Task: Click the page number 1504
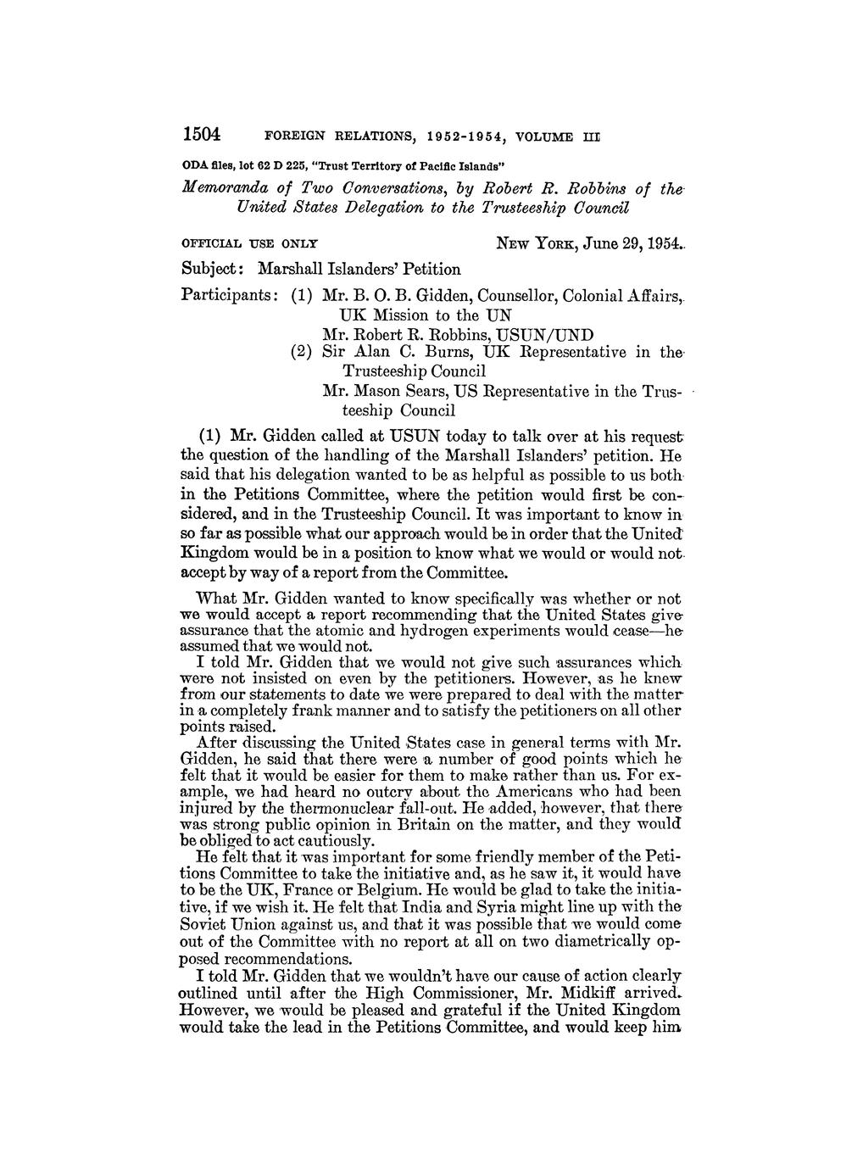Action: pos(202,134)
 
